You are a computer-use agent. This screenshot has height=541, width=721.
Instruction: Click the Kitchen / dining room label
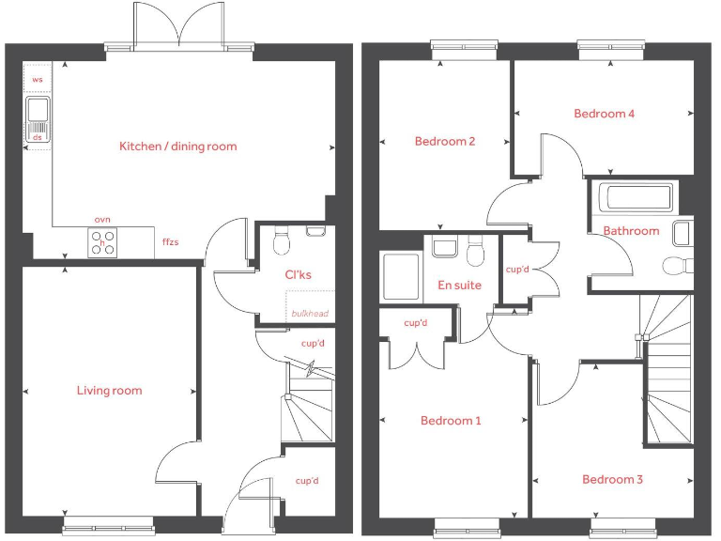pyautogui.click(x=177, y=147)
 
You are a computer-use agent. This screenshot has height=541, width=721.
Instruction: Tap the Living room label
pyautogui.click(x=110, y=391)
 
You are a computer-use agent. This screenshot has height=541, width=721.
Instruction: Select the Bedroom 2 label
pyautogui.click(x=445, y=142)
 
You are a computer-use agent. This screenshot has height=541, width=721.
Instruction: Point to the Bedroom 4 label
pyautogui.click(x=605, y=114)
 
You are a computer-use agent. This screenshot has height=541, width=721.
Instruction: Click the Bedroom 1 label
pyautogui.click(x=451, y=421)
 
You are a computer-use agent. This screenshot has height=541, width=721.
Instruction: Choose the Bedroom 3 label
pyautogui.click(x=612, y=480)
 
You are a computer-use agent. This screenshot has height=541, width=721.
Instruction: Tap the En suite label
pyautogui.click(x=460, y=285)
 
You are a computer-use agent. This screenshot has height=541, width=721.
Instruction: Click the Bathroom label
pyautogui.click(x=631, y=231)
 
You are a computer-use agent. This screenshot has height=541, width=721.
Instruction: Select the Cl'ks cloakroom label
pyautogui.click(x=298, y=275)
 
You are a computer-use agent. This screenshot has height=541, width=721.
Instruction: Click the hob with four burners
pyautogui.click(x=102, y=243)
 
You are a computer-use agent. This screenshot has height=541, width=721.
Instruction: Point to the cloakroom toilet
pyautogui.click(x=280, y=243)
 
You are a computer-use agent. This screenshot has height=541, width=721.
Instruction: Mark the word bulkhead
pyautogui.click(x=310, y=314)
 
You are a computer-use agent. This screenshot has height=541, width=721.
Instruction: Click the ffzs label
pyautogui.click(x=170, y=242)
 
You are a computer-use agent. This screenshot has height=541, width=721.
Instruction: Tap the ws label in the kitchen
pyautogui.click(x=38, y=80)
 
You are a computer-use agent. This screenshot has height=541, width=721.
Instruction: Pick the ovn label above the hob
pyautogui.click(x=102, y=220)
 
